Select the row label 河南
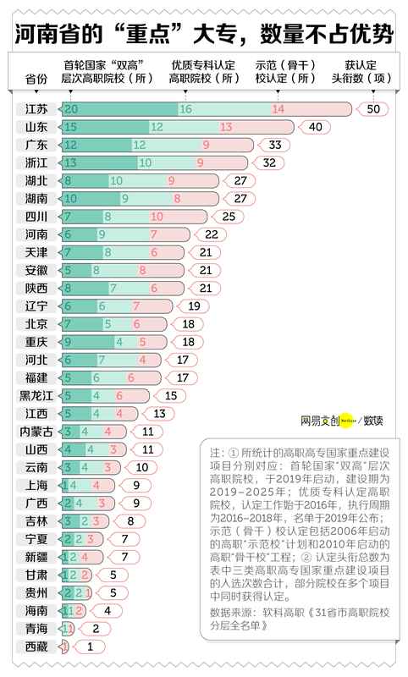36,234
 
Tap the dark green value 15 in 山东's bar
71,127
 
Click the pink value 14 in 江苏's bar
278,109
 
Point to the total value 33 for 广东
274,145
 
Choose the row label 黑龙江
36,395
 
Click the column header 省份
36,79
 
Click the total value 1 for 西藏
91,646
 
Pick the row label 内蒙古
36,431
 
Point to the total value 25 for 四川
228,217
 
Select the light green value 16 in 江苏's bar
185,109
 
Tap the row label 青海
36,628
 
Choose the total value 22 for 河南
212,234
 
